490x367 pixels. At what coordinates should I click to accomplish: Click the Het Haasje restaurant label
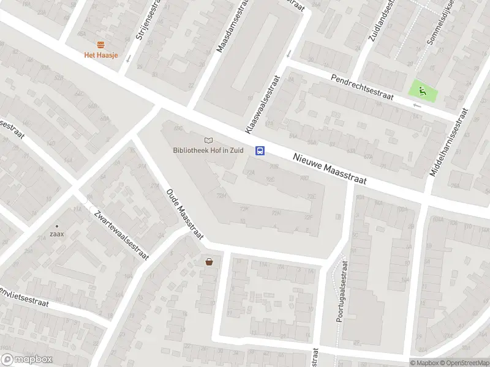pos(101,55)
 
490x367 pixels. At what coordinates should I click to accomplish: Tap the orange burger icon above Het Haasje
pos(101,44)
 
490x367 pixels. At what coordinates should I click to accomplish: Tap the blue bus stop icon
pos(260,151)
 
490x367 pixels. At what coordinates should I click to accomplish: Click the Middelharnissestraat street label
pos(449,144)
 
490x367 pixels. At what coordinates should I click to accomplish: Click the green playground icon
pos(423,92)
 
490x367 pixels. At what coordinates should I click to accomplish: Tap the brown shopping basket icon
pos(209,262)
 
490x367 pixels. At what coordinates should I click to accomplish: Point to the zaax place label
pos(57,234)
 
